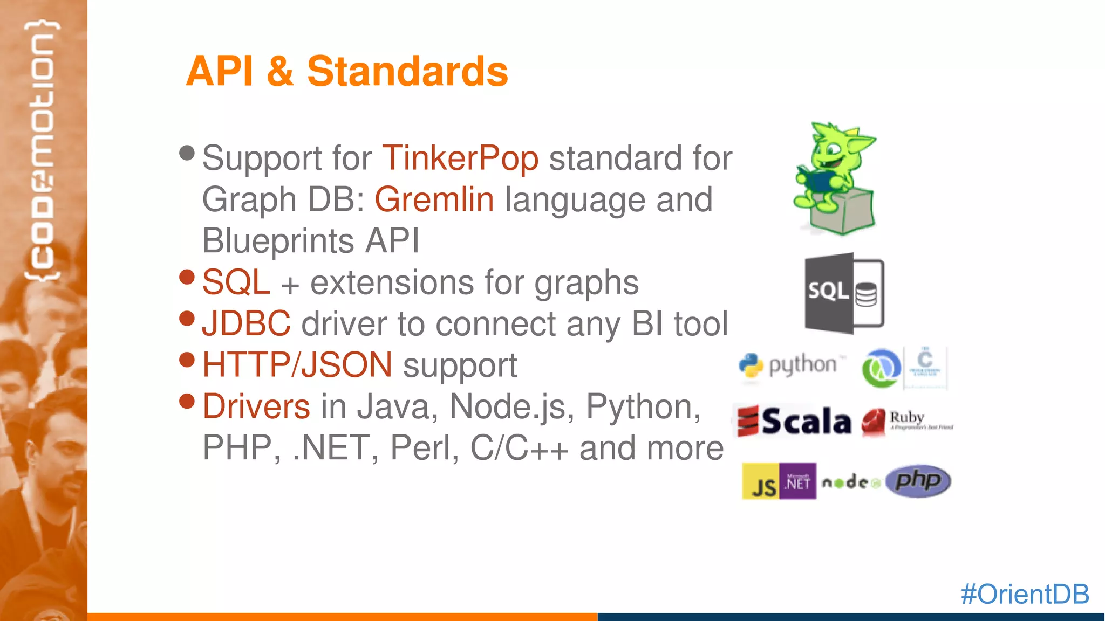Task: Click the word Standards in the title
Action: click(x=407, y=71)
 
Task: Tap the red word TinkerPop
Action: click(x=460, y=158)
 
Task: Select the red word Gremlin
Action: click(x=434, y=199)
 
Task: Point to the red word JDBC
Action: click(x=247, y=323)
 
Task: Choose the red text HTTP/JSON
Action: click(x=297, y=365)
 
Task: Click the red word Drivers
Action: click(x=256, y=406)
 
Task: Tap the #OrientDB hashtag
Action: click(x=1025, y=594)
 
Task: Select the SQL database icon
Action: click(x=844, y=293)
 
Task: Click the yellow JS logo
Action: click(x=761, y=481)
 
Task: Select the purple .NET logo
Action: click(x=797, y=481)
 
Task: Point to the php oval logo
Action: click(x=918, y=481)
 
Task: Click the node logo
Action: click(x=850, y=482)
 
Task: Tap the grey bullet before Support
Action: click(x=187, y=153)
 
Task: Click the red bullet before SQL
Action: click(x=187, y=277)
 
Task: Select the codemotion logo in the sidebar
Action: click(x=42, y=151)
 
